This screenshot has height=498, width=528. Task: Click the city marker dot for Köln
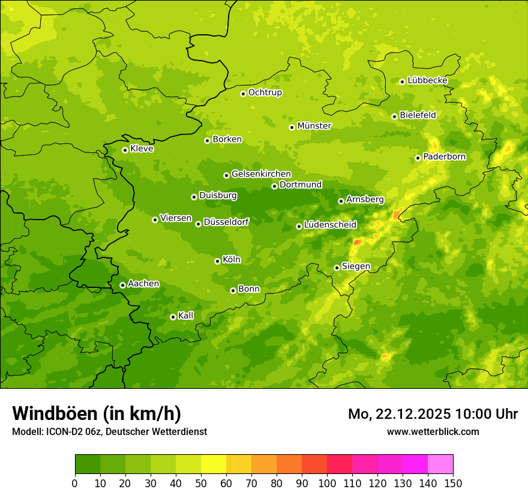217,261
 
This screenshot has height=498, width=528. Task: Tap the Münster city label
314,126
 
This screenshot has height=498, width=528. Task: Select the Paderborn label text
445,157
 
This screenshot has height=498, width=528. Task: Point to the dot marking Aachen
122,285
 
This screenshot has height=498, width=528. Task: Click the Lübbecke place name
428,80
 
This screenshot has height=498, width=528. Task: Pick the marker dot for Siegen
337,268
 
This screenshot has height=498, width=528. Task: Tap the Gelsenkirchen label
261,174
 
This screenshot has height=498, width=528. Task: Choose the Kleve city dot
125,150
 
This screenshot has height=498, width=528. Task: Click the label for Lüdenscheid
330,225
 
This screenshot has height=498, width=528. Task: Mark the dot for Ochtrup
243,94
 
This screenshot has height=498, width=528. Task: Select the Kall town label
186,316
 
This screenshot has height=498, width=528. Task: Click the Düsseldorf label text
226,222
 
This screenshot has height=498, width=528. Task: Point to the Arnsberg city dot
341,201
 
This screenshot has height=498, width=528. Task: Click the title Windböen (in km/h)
96,413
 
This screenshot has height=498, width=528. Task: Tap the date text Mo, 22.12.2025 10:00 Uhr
433,414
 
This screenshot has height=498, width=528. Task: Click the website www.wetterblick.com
433,431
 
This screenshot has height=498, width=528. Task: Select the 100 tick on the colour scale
327,483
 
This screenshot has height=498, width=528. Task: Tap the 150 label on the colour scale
453,483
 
